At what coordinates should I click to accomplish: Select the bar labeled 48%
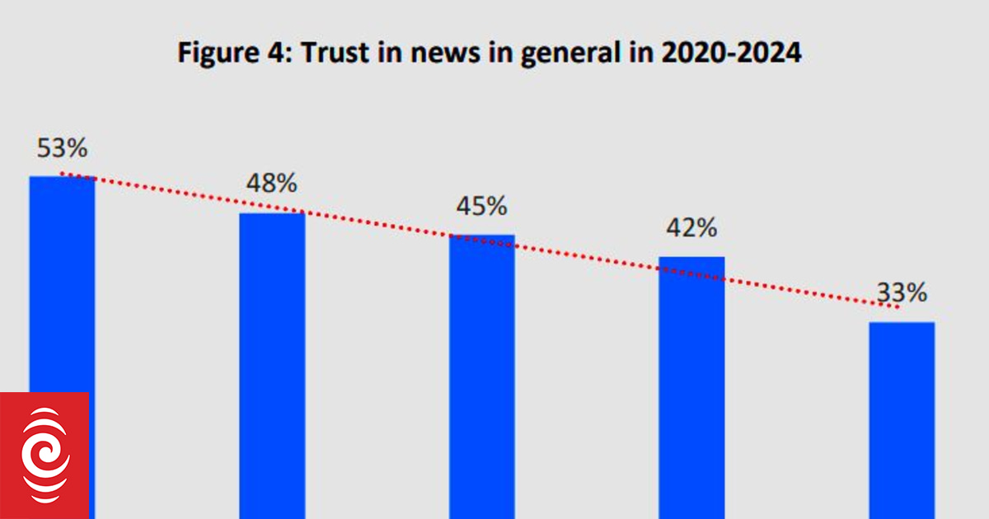pos(272,362)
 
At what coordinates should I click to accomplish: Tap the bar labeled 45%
pos(481,375)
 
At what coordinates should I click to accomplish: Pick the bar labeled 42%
pos(691,387)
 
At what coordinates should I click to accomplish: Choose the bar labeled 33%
pos(902,420)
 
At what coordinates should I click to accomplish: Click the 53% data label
pos(62,149)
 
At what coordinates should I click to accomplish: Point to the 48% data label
pos(272,184)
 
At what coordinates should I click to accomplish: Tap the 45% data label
pos(481,206)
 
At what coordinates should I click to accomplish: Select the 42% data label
pos(691,227)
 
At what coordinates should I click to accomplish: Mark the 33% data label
pos(902,292)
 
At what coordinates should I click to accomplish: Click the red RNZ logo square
pos(44,455)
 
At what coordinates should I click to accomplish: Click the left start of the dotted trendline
pos(63,174)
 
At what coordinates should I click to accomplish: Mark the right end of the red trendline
pos(897,307)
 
